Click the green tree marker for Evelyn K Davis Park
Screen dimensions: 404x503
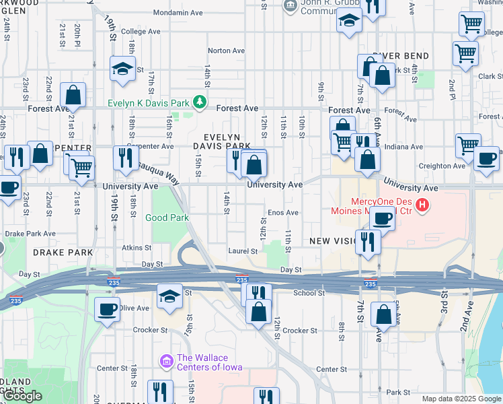tap(199, 102)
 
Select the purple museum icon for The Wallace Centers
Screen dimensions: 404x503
tap(166, 362)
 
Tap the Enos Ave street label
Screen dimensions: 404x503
tap(283, 213)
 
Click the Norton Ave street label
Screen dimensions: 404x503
tap(226, 50)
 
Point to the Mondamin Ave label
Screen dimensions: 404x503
tap(178, 13)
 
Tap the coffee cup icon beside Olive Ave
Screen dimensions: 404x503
tap(107, 309)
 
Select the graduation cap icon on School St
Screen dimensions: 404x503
tap(169, 296)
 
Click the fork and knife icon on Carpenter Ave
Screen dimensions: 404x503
tap(125, 158)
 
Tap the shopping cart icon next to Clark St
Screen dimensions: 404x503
tap(465, 53)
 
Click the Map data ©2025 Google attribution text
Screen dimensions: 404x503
tap(461, 399)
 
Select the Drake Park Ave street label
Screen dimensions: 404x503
tap(30, 234)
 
